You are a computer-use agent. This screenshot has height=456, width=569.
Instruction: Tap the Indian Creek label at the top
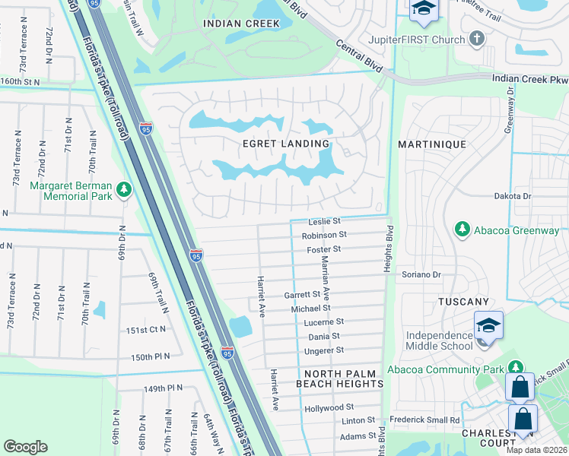241,24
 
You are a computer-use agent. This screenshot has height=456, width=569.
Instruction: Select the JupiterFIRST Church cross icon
477,38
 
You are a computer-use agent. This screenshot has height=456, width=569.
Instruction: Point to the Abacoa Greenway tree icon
460,229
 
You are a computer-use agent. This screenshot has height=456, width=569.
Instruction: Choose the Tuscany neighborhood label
463,302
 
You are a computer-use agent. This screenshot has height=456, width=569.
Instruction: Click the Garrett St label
302,294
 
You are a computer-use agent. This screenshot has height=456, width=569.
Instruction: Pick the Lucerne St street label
324,322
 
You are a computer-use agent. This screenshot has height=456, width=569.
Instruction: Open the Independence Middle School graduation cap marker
488,325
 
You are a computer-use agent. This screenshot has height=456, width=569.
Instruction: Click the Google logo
25,447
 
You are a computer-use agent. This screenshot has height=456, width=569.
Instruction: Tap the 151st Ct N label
147,329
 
